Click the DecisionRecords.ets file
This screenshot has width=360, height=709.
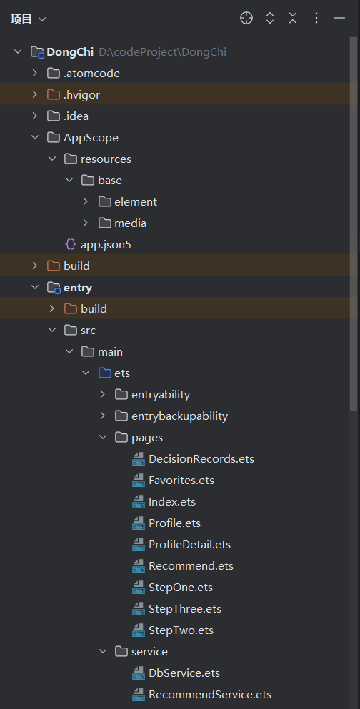201,459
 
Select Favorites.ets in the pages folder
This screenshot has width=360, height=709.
181,481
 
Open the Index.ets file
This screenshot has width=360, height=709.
172,501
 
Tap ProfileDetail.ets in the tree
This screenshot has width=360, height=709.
189,544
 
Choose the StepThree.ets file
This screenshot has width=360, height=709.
185,608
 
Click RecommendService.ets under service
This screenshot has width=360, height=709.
210,695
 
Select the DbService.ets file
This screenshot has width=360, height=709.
184,673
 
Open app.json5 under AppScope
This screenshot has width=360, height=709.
106,245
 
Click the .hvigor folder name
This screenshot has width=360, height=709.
82,94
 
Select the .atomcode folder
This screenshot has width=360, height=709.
92,74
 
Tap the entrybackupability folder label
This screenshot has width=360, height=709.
179,416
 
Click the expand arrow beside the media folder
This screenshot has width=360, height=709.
86,223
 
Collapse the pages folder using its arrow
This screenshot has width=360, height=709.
103,437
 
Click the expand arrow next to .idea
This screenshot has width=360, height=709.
35,116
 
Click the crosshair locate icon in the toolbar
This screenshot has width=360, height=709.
246,18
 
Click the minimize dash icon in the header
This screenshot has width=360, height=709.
339,18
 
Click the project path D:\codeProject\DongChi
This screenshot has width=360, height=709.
162,52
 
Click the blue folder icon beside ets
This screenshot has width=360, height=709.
105,373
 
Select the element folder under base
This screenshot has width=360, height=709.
136,201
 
